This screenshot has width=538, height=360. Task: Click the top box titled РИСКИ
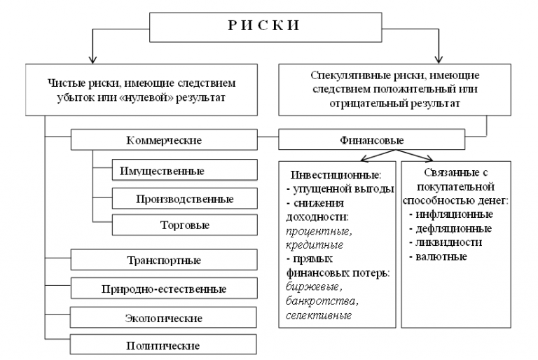click(x=264, y=26)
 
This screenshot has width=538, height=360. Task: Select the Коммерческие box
click(x=164, y=140)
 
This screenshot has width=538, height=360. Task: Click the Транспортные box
click(x=164, y=261)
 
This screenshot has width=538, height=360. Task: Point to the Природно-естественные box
click(x=164, y=288)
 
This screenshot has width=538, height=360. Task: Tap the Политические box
click(x=164, y=345)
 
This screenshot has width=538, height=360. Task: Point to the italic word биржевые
click(x=311, y=287)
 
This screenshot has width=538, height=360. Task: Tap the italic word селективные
click(x=319, y=315)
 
